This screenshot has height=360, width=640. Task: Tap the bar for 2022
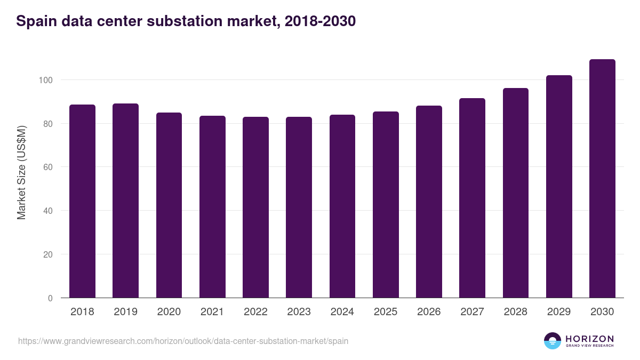(x=255, y=207)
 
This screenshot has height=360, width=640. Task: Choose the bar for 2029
(x=559, y=187)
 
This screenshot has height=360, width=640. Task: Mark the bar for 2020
(x=169, y=205)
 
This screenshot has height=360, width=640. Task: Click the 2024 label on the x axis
(x=342, y=312)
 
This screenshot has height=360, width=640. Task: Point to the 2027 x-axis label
(x=472, y=312)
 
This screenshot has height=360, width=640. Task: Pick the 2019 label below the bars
(x=125, y=312)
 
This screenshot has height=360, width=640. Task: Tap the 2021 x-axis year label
(x=212, y=312)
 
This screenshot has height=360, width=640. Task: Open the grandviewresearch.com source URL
(x=183, y=341)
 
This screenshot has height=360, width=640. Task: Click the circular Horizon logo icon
(x=553, y=341)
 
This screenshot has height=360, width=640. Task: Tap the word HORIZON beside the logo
(x=589, y=338)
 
